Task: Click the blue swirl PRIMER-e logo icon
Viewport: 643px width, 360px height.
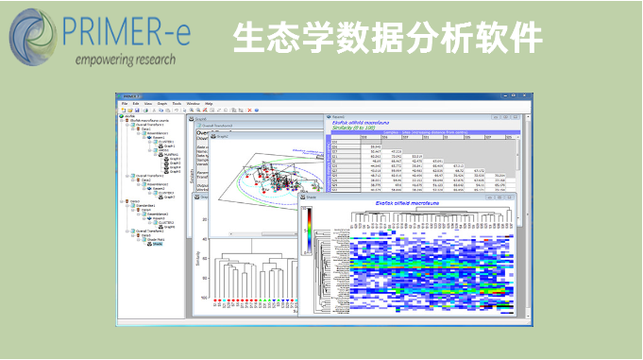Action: [36, 35]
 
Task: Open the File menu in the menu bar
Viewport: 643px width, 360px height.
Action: [124, 102]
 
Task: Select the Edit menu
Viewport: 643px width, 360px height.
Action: [135, 102]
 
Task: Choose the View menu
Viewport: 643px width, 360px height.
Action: [147, 102]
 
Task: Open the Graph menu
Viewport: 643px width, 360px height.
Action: [161, 102]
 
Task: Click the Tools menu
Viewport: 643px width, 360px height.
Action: [176, 102]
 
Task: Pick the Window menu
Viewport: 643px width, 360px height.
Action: [192, 102]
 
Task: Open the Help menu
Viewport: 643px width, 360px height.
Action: [209, 102]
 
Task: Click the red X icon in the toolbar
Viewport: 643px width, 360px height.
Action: [248, 110]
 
